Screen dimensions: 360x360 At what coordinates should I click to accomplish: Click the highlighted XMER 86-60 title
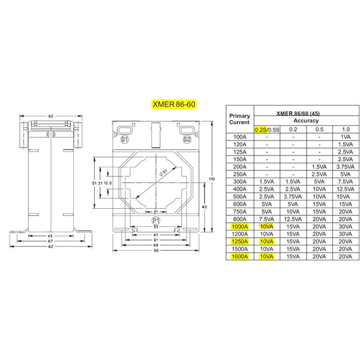pyautogui.click(x=174, y=104)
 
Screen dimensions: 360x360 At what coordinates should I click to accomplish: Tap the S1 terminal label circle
pyautogui.click(x=124, y=139)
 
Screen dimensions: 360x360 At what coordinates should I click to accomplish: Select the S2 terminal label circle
pyautogui.click(x=187, y=139)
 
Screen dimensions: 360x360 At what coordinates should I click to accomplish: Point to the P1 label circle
pyautogui.click(x=156, y=221)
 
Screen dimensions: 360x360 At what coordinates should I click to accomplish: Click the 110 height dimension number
pyautogui.click(x=212, y=179)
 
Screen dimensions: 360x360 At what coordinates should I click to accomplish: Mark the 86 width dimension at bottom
pyautogui.click(x=156, y=250)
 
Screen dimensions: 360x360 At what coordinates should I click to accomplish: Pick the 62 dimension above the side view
pyautogui.click(x=51, y=116)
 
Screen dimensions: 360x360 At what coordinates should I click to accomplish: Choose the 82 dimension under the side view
pyautogui.click(x=50, y=247)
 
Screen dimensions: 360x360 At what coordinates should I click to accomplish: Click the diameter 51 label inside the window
pyautogui.click(x=164, y=172)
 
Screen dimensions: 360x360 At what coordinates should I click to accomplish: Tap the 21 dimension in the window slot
pyautogui.click(x=156, y=212)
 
